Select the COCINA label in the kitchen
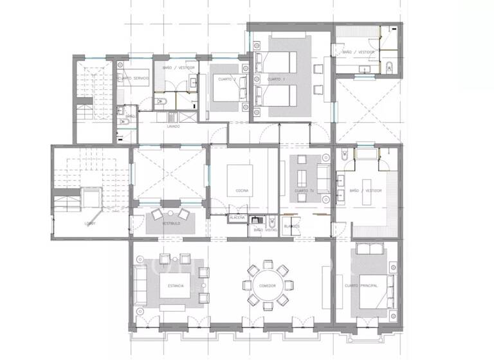tap(242, 190)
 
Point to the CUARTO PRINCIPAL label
tap(360, 285)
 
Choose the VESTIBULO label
tap(170, 223)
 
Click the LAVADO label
tap(173, 127)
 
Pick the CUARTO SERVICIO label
tap(134, 78)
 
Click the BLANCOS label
tap(293, 226)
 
